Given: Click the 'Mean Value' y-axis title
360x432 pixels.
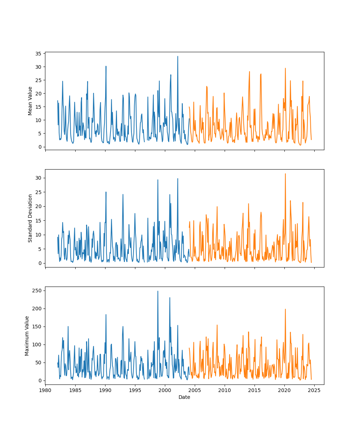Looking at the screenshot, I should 30,101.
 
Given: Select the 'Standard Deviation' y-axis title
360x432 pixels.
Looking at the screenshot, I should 30,218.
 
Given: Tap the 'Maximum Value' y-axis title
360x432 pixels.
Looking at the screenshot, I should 27,336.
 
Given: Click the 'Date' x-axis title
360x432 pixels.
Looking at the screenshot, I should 184,397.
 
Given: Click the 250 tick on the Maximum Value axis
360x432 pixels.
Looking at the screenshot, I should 38,291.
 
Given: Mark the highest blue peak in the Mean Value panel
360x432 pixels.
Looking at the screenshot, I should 177,56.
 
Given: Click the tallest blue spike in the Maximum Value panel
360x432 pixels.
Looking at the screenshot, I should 158,291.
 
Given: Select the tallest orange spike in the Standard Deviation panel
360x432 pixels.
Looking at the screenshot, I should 285,174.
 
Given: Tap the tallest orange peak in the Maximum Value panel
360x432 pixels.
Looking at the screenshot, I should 285,309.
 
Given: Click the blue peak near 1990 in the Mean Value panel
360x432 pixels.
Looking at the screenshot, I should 106,66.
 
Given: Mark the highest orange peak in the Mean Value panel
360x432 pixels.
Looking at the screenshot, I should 285,68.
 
